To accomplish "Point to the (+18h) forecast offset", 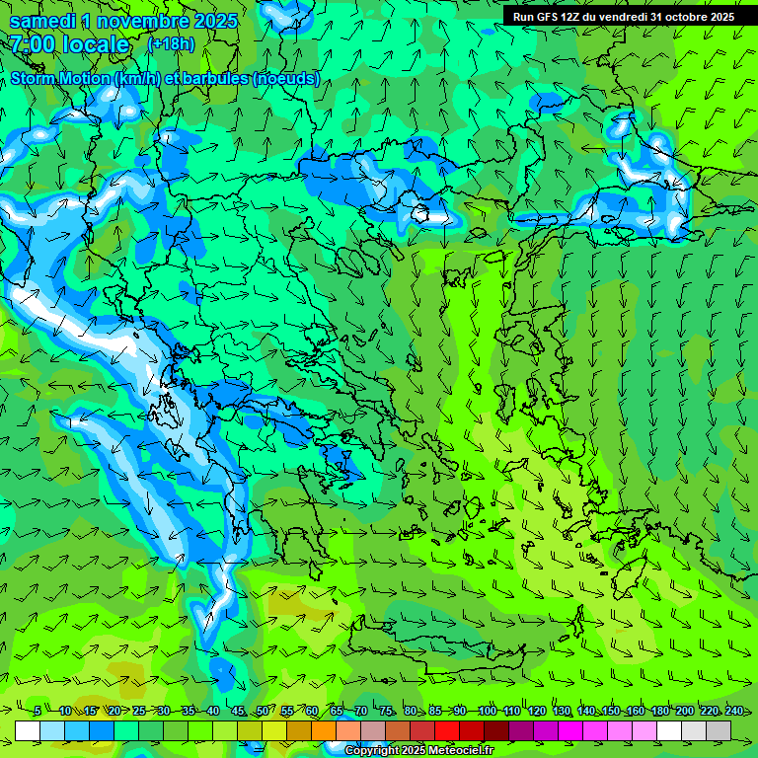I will click(171, 44).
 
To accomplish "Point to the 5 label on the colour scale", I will click(38, 711).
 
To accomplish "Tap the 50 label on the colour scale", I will click(263, 711).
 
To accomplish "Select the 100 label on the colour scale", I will click(487, 711).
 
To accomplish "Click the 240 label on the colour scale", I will click(734, 711).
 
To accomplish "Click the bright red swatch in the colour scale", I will click(447, 730).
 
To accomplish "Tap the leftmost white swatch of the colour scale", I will click(28, 730).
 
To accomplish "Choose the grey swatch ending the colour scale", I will click(719, 730).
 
